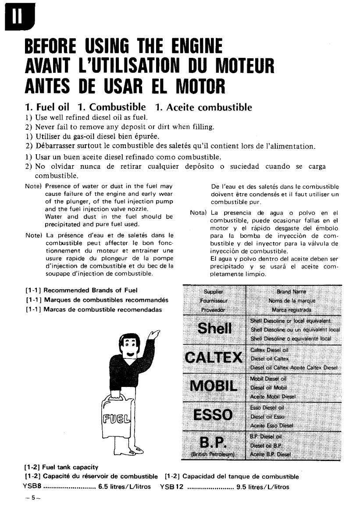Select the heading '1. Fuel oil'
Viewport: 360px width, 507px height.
click(x=48, y=107)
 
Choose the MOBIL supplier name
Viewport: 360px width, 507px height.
click(x=214, y=386)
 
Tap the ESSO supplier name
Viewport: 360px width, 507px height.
click(x=214, y=415)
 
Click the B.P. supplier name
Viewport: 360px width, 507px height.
click(x=214, y=442)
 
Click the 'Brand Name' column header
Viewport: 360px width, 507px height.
click(x=292, y=291)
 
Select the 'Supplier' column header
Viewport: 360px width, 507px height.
click(x=214, y=292)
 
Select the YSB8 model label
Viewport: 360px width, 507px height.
click(x=32, y=486)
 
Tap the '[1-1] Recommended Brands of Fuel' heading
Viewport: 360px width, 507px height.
click(x=82, y=290)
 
